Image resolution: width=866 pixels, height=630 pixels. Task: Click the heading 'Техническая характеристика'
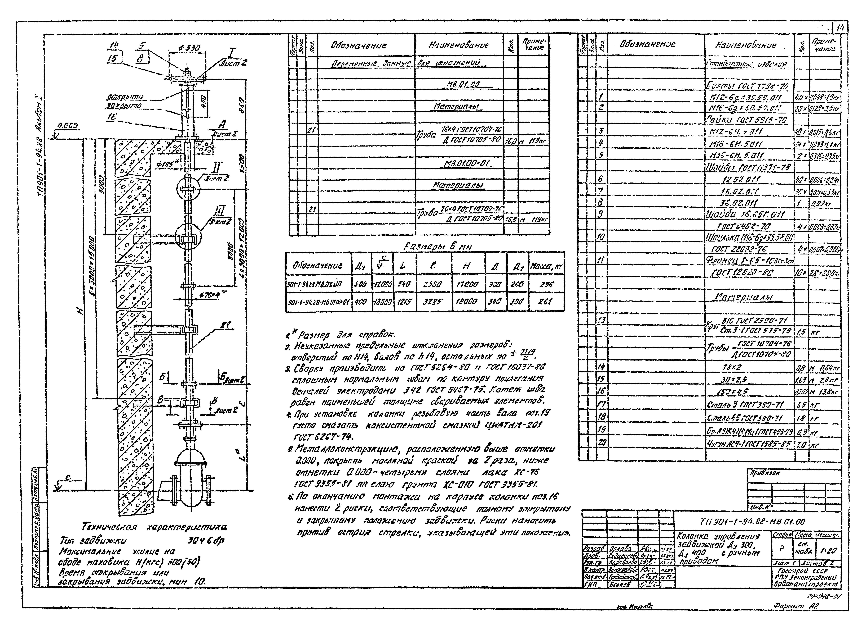pos(154,528)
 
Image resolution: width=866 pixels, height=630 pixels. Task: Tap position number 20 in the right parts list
pos(602,443)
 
